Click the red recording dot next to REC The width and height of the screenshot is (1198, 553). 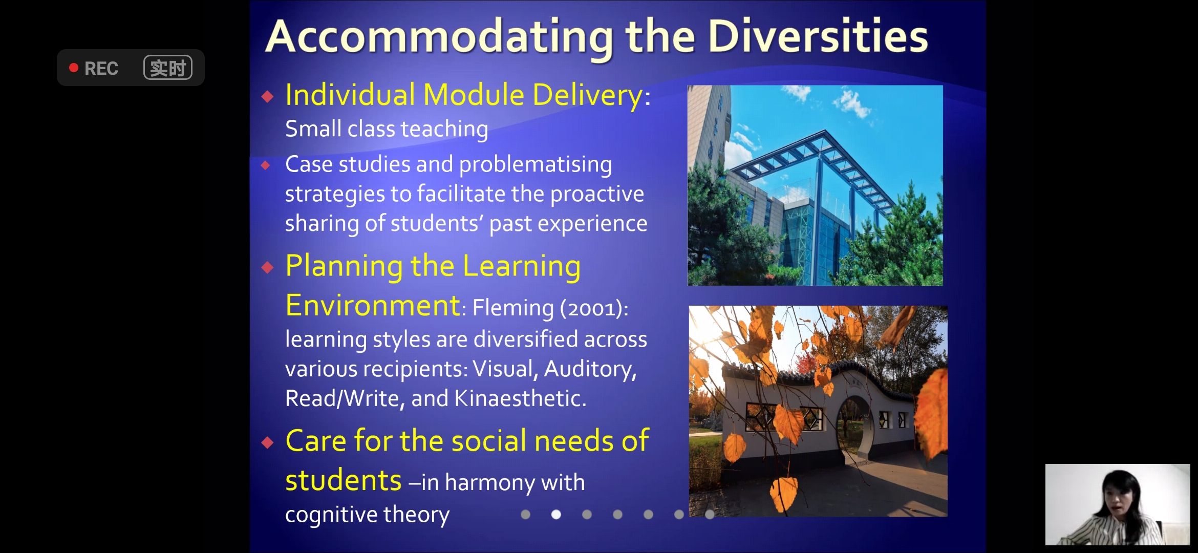[x=74, y=68]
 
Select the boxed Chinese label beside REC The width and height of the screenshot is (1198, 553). [x=168, y=68]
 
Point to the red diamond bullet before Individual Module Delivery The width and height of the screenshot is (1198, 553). [x=267, y=96]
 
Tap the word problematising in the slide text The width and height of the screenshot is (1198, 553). [x=536, y=165]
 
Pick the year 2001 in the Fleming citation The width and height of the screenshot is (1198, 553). [x=591, y=308]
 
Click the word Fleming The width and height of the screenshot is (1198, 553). [x=513, y=308]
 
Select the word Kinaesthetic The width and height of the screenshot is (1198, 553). [x=520, y=398]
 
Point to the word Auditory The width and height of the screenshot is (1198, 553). [x=590, y=369]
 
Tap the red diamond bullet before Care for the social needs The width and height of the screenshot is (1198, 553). [x=267, y=442]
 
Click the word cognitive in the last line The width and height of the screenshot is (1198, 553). [x=331, y=515]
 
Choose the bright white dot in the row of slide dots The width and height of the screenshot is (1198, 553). [x=556, y=514]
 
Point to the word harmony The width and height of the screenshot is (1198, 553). [x=490, y=482]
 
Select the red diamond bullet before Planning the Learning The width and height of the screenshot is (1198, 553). [x=267, y=267]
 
